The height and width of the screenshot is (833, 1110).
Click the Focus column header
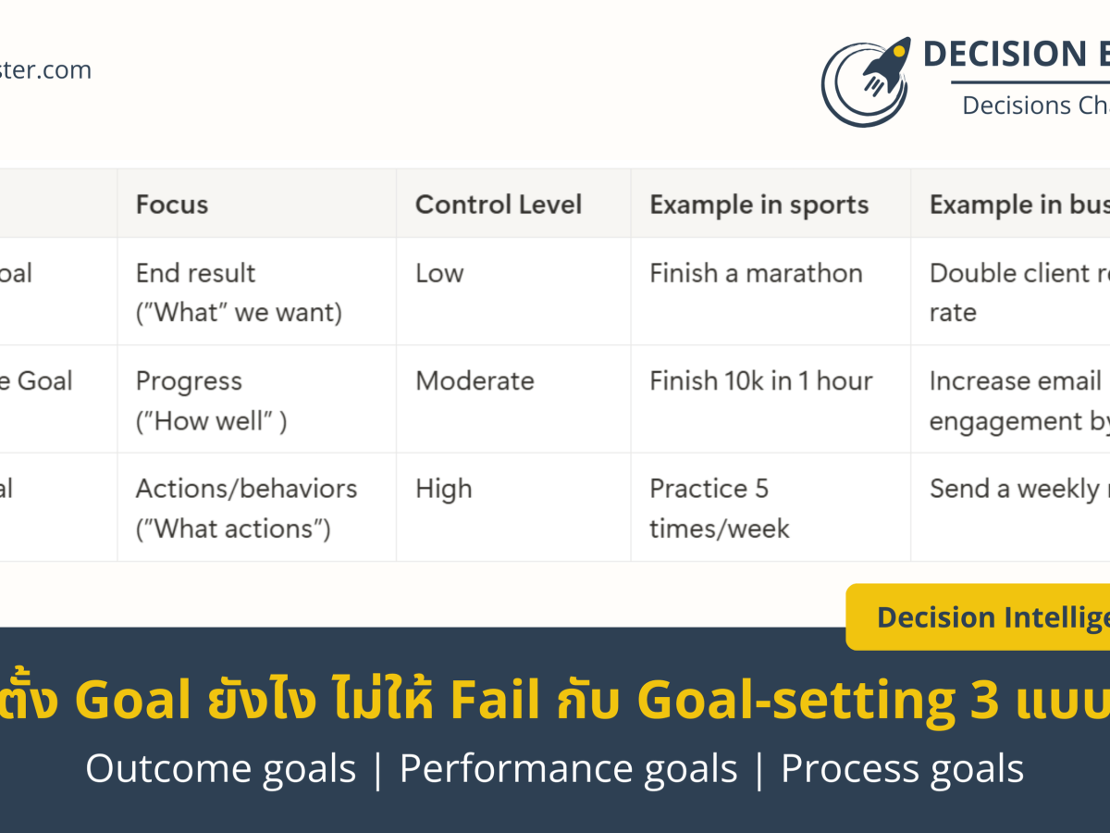pos(172,205)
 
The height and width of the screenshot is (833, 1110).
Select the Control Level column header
pos(499,205)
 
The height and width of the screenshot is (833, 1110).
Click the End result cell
pos(239,292)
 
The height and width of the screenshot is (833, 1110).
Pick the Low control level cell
pos(439,273)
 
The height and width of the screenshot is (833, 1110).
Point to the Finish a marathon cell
pos(756,273)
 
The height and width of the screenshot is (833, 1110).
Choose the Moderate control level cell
pos(475,381)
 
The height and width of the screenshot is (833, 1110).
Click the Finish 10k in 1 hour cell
pos(761,381)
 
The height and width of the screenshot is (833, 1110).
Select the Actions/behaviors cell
pos(246,508)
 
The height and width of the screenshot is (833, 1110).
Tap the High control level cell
pos(443,489)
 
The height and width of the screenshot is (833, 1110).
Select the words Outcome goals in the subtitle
pos(220,769)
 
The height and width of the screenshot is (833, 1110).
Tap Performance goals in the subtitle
pos(568,769)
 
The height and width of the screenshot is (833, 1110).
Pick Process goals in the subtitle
pos(902,769)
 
